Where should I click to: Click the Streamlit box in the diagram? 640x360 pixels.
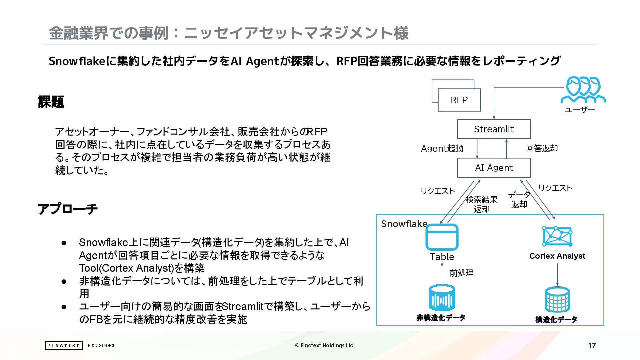point(494,129)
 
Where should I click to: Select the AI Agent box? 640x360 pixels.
point(494,168)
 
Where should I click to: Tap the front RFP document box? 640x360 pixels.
point(459,100)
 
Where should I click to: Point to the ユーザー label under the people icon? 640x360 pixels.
point(580,110)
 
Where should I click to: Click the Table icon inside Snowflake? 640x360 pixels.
point(442,237)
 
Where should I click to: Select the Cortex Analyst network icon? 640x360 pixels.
point(557,236)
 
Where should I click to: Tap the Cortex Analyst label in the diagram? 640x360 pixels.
point(557,256)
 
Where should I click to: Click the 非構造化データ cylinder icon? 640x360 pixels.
point(442,298)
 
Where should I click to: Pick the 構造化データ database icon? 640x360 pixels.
point(557,300)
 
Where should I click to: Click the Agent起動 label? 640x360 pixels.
point(442,148)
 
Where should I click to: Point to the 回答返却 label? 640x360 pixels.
point(542,148)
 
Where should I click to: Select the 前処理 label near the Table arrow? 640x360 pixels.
point(461,273)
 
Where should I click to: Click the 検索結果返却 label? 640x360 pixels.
point(481,204)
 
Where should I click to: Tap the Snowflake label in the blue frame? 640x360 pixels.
point(404,224)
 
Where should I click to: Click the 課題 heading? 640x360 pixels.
point(51,102)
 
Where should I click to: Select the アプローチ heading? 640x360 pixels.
point(68,209)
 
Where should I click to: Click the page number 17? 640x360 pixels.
point(592,346)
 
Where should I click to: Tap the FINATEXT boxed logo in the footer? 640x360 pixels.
point(63,345)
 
